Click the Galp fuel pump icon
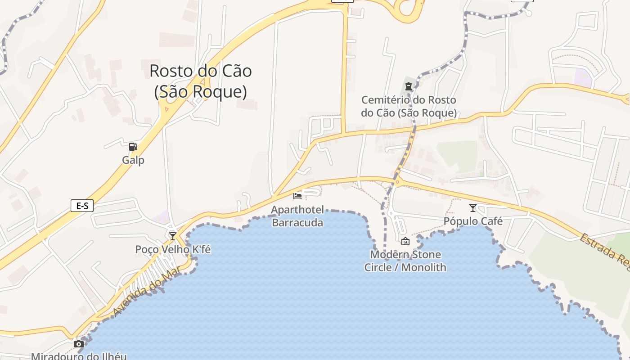(133, 147)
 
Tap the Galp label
(133, 160)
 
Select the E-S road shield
(82, 206)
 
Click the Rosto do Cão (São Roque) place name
(201, 81)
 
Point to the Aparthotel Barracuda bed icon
(297, 196)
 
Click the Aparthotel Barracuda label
(297, 216)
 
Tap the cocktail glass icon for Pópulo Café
(472, 208)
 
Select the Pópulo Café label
(473, 221)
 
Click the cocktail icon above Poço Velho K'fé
(173, 236)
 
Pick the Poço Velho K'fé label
(173, 249)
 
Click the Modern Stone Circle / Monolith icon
(405, 241)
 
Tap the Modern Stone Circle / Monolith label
(405, 261)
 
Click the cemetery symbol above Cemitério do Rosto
(409, 86)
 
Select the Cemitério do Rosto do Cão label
(409, 106)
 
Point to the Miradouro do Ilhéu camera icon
(79, 344)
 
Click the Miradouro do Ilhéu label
(79, 356)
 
